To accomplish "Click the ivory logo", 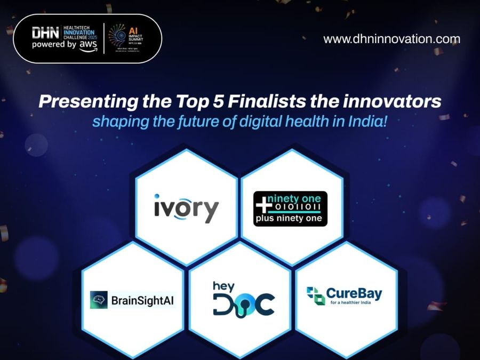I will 186,208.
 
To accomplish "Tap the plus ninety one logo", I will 290,209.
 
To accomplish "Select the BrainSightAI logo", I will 132,300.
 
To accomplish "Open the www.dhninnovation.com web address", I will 391,39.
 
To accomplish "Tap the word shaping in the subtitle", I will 114,121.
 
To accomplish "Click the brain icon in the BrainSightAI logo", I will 99,300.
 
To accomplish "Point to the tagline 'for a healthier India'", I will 354,303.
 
